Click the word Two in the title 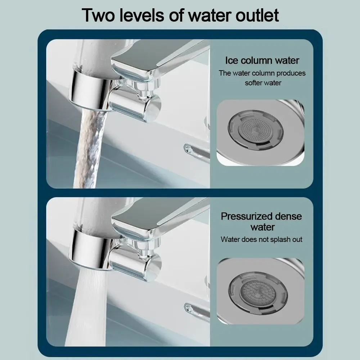point(99,15)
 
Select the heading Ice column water point(262,60)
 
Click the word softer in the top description point(254,83)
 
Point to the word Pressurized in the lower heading point(247,216)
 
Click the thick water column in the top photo point(90,148)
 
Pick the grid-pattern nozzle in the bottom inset point(258,290)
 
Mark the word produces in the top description point(291,73)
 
